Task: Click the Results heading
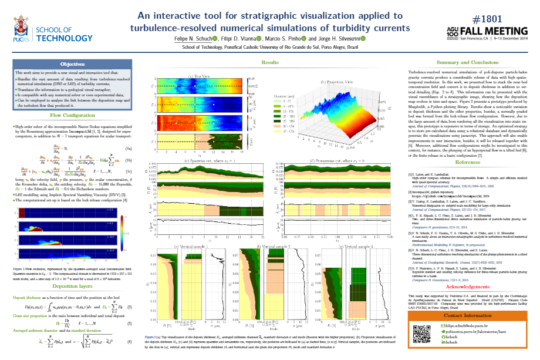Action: pyautogui.click(x=270, y=62)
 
